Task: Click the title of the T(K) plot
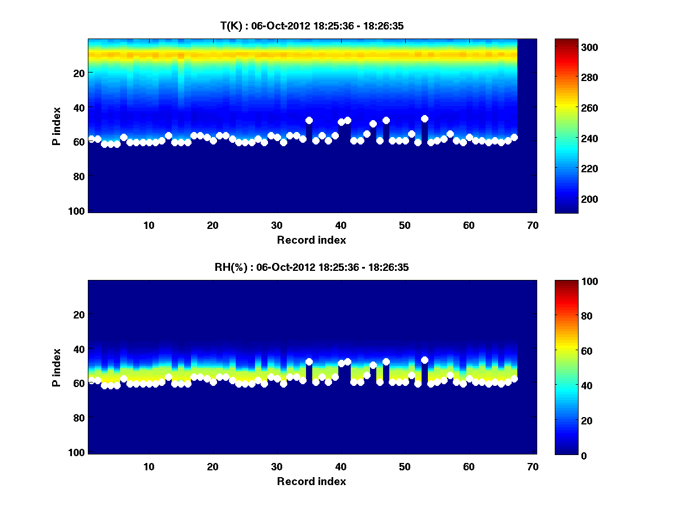coord(312,25)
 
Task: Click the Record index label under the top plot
coord(312,240)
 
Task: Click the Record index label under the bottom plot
coord(312,482)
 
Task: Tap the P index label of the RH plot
coord(57,368)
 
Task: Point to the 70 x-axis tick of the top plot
coord(533,225)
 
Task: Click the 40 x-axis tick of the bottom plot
coord(341,467)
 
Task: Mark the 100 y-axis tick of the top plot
coord(78,211)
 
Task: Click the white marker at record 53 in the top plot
coord(424,118)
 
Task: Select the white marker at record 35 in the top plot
coord(309,120)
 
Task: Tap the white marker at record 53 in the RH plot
coord(424,360)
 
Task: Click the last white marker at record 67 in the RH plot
coord(514,379)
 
